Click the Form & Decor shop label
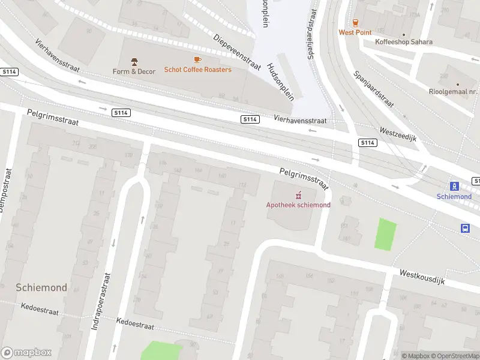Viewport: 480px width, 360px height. [x=134, y=71]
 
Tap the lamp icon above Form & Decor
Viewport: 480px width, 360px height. [x=134, y=61]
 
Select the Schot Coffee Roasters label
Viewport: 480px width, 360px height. [x=197, y=70]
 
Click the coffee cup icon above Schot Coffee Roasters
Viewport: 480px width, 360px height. [x=197, y=59]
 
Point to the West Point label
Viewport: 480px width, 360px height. [x=355, y=32]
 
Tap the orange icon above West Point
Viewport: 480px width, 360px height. [x=355, y=22]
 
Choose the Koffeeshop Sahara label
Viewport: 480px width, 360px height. [x=403, y=42]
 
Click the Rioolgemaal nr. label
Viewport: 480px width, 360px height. [x=453, y=92]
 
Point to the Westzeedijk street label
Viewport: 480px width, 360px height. [x=397, y=134]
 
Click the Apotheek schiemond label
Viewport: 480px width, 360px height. [x=298, y=205]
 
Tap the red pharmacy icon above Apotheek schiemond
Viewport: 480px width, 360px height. [x=298, y=195]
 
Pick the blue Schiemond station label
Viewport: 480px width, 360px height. [x=454, y=196]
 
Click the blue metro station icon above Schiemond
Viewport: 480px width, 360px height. [x=454, y=186]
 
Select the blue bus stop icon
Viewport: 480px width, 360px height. [x=465, y=228]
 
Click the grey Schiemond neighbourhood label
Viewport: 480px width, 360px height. [x=41, y=288]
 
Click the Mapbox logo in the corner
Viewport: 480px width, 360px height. [x=26, y=353]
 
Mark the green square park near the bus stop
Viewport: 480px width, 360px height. [x=386, y=234]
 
